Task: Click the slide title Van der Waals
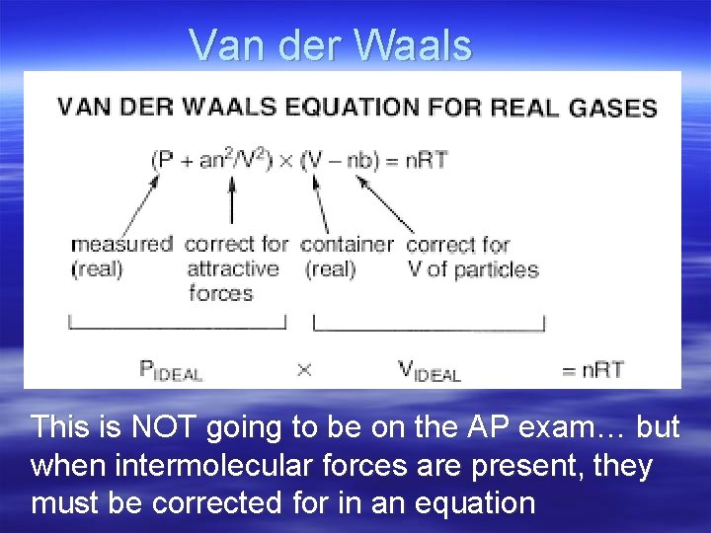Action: [331, 44]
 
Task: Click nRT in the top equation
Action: [426, 159]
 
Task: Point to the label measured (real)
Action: [121, 255]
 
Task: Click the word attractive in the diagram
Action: [233, 268]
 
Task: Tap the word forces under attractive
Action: [220, 293]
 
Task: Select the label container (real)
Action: [346, 255]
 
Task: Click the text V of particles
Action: [473, 268]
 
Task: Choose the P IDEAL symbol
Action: [171, 370]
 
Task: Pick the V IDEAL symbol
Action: [429, 370]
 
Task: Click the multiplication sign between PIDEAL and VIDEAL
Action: [304, 370]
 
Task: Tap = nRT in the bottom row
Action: [592, 370]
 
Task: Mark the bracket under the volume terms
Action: [429, 323]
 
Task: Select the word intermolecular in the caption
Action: [197, 465]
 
